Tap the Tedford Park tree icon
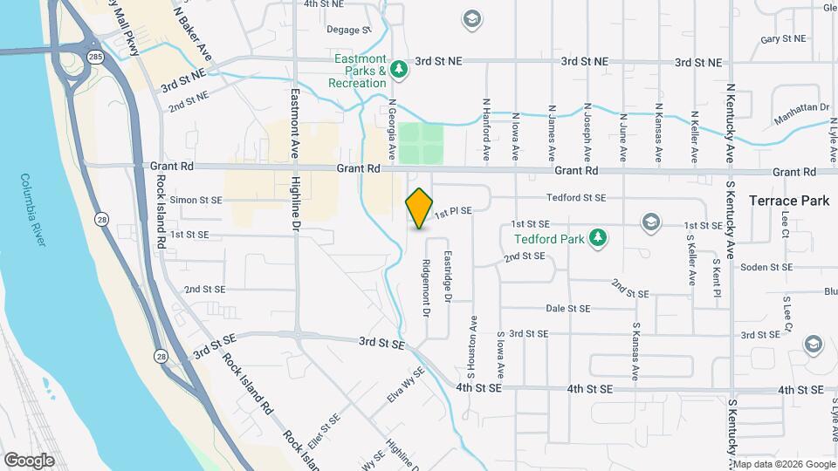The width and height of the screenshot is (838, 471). [x=598, y=237]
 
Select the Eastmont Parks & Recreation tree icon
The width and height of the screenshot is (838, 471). [x=399, y=68]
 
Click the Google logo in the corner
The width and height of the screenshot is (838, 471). [x=30, y=460]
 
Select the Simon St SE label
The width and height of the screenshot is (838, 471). [x=196, y=200]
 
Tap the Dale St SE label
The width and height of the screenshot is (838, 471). [x=567, y=308]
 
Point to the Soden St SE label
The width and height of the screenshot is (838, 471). [x=766, y=267]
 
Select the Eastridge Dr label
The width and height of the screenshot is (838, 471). [x=447, y=277]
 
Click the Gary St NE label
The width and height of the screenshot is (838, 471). [x=782, y=39]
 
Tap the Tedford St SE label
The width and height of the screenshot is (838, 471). [x=575, y=198]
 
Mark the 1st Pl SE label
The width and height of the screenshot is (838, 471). [x=453, y=211]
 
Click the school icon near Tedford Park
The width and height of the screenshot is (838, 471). [x=649, y=222]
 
